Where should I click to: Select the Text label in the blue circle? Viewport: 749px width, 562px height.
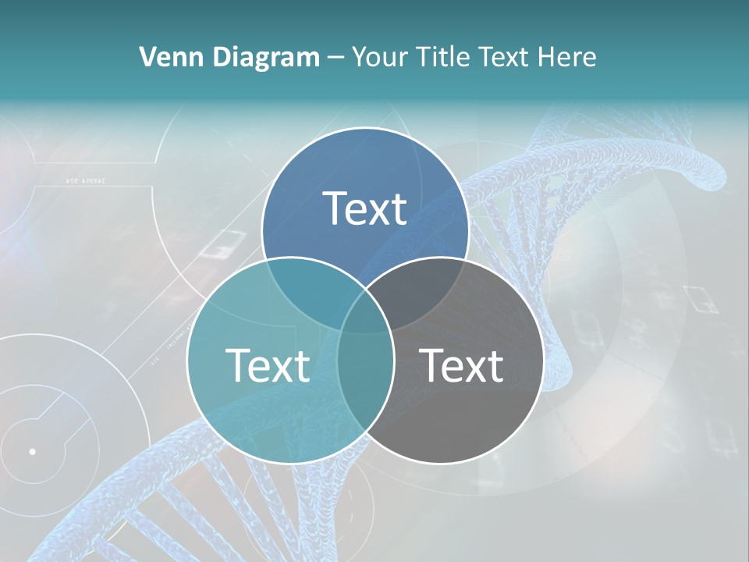[x=365, y=208]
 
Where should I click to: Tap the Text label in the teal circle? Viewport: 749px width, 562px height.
[x=268, y=365]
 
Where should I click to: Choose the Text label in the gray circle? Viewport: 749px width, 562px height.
[x=462, y=365]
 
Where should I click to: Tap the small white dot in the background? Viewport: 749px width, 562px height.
[x=32, y=451]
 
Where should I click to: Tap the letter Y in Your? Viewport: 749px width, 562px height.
[x=360, y=57]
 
